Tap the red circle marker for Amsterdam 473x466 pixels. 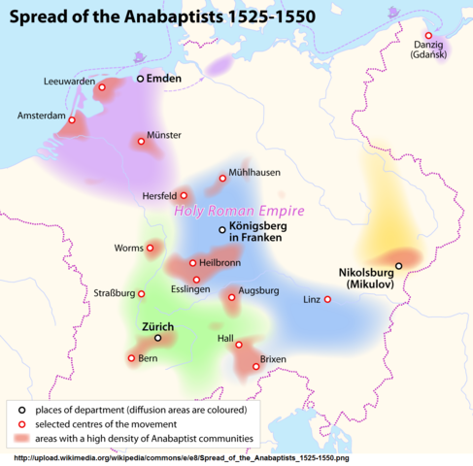(71, 120)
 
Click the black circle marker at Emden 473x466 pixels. (139, 78)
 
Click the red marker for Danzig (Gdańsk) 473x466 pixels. (428, 36)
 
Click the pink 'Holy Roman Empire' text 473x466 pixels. (239, 210)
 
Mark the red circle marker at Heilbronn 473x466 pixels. (192, 262)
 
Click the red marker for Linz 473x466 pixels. (326, 299)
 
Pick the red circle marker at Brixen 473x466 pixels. (256, 366)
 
